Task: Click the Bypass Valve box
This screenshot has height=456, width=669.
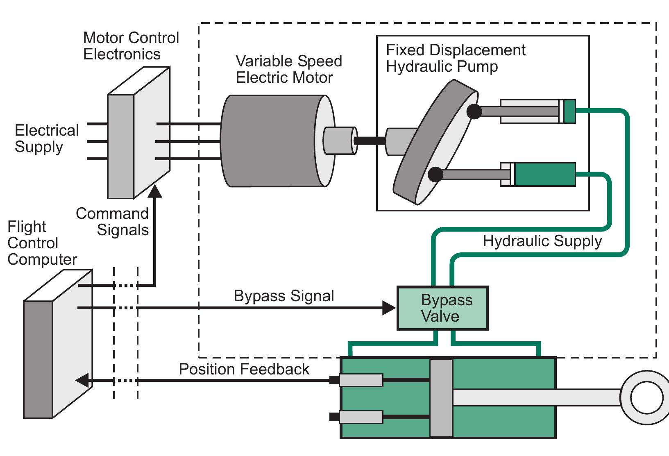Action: click(x=442, y=308)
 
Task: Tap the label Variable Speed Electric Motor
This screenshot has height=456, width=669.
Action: click(x=288, y=69)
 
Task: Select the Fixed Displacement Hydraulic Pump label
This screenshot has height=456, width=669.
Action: click(x=455, y=58)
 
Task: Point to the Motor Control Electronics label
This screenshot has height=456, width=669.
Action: click(x=131, y=46)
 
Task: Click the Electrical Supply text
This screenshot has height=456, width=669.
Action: click(x=46, y=138)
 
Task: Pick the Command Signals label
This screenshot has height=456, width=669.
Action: click(x=113, y=222)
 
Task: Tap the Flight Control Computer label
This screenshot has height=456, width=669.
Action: click(x=42, y=243)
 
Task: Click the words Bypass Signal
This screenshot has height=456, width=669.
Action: click(x=284, y=296)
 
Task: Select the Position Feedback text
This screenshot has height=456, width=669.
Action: click(x=244, y=369)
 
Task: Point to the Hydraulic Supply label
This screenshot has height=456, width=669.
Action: click(x=542, y=241)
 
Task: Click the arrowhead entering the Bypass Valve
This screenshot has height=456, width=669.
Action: click(x=389, y=308)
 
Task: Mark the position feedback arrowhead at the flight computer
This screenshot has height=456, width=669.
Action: click(x=82, y=380)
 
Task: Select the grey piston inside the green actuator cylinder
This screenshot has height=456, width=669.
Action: click(x=441, y=398)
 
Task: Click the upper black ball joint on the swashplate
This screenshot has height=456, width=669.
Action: click(x=474, y=111)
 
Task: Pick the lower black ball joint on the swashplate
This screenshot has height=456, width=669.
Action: click(x=435, y=174)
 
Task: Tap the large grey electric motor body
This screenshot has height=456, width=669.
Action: click(x=270, y=141)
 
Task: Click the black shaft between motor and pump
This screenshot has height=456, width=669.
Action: click(x=370, y=141)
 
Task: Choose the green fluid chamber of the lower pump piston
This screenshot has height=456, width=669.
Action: click(x=545, y=175)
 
